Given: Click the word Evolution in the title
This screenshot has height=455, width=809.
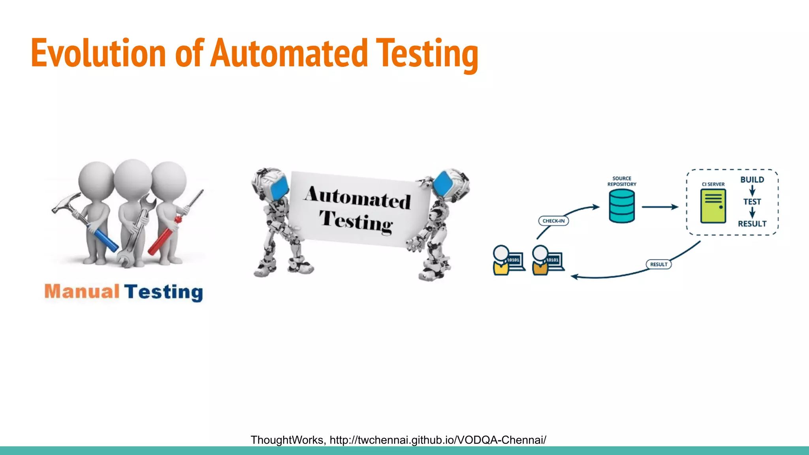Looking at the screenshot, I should [x=98, y=53].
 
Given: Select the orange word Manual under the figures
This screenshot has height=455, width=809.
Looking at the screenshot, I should [x=82, y=291].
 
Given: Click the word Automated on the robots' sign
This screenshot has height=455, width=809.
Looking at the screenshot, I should [x=358, y=197].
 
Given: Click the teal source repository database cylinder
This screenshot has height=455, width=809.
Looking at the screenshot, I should [x=622, y=206].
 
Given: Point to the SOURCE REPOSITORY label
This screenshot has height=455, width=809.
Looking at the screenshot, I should [x=622, y=181].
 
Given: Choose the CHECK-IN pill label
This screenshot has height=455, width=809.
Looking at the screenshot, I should [x=553, y=221].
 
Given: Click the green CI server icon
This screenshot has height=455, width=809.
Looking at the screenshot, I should [x=713, y=206].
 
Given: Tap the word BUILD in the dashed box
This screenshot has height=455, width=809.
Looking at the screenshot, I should [x=752, y=180].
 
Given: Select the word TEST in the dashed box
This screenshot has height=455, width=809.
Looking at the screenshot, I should [x=752, y=202].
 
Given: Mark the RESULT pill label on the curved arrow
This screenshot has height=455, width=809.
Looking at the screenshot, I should [x=658, y=264].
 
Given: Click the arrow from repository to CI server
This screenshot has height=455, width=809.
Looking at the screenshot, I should [x=660, y=207].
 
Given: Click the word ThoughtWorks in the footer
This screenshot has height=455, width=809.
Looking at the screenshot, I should [x=287, y=440].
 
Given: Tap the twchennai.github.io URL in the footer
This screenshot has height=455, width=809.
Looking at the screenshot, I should [x=438, y=440].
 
